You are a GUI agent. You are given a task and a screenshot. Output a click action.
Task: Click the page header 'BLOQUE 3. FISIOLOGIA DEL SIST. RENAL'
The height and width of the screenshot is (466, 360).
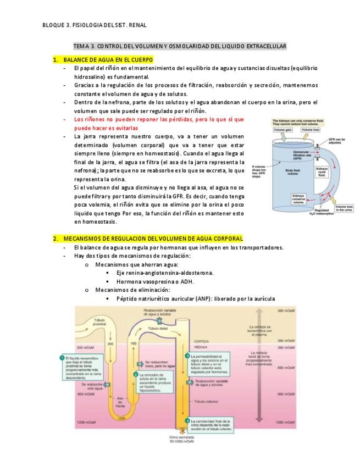94,25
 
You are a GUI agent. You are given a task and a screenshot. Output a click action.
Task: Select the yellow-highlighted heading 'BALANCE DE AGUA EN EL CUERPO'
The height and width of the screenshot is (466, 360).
108,59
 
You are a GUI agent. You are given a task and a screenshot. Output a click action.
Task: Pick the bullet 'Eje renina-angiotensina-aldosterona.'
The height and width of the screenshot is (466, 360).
165,273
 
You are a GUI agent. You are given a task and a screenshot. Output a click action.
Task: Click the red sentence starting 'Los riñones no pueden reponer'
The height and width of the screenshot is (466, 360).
159,119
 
